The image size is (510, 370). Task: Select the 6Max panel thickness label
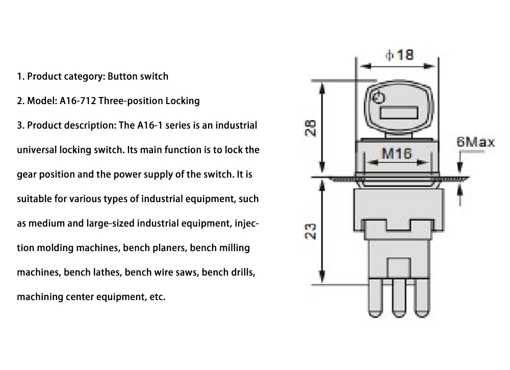(475, 142)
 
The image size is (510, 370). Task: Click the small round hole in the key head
(378, 98)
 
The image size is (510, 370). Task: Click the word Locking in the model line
(183, 101)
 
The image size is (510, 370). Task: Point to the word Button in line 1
(120, 77)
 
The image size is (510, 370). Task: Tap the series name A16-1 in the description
(149, 125)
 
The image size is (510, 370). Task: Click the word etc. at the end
(156, 297)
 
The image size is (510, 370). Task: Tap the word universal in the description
(37, 150)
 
